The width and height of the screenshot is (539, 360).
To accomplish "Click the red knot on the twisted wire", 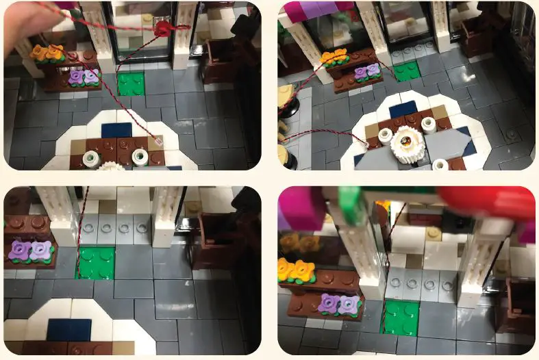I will tap(162, 29).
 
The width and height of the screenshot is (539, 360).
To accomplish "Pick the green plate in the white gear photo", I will tap(407, 70).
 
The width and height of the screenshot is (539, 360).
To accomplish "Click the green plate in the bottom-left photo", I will tap(95, 263).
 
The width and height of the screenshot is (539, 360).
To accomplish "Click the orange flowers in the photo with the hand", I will tap(47, 52).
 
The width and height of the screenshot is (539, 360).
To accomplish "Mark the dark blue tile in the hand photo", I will tap(116, 129).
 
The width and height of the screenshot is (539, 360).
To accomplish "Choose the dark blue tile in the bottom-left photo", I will tap(68, 330).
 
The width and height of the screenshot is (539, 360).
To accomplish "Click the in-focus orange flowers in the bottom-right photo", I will tap(295, 270).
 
